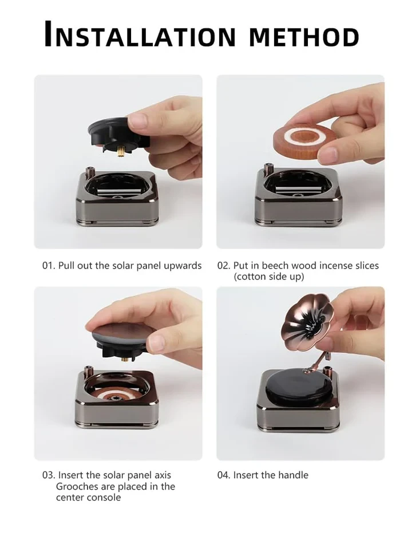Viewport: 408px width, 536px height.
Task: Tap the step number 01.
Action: click(x=48, y=266)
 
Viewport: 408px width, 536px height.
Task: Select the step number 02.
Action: click(x=223, y=266)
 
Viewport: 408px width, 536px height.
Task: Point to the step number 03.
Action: click(x=48, y=475)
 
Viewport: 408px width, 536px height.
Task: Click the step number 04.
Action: click(x=224, y=475)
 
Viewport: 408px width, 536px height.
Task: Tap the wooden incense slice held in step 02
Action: click(x=304, y=138)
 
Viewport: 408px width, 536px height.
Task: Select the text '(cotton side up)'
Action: click(x=268, y=277)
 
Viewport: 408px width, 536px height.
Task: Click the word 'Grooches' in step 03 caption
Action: click(x=77, y=486)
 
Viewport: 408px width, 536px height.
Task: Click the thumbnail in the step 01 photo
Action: click(x=138, y=120)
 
